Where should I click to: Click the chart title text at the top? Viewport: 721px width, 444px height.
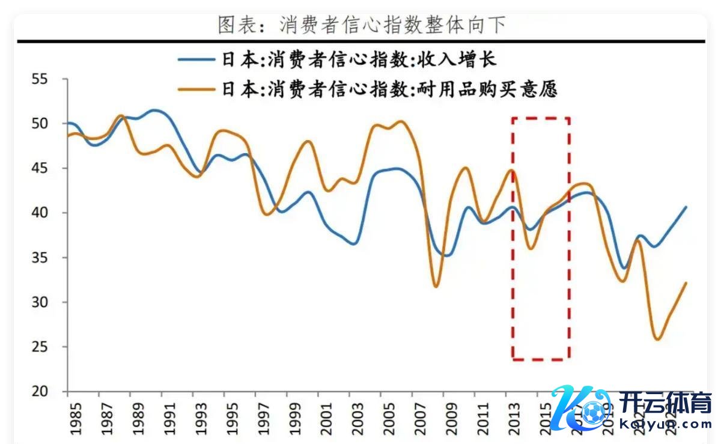click(361, 25)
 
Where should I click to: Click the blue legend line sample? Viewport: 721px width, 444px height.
click(196, 59)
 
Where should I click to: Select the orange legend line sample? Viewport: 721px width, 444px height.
click(196, 89)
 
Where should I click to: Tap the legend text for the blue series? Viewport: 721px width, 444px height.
click(359, 59)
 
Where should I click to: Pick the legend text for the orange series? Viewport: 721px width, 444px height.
click(389, 89)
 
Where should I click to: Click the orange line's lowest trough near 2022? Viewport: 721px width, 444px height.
click(658, 339)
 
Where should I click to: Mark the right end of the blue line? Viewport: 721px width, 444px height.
click(686, 207)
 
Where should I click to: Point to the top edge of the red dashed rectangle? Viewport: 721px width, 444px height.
click(541, 118)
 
